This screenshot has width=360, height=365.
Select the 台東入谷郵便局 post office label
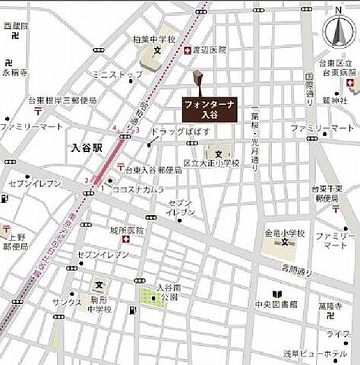coord(153,170)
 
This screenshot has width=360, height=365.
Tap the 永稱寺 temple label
coord(14,73)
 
